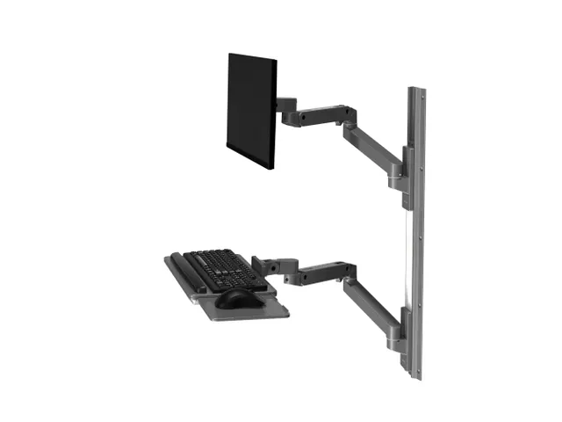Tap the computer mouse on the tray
(x=234, y=298)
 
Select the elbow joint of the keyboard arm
(x=349, y=272)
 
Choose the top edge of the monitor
(x=254, y=57)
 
